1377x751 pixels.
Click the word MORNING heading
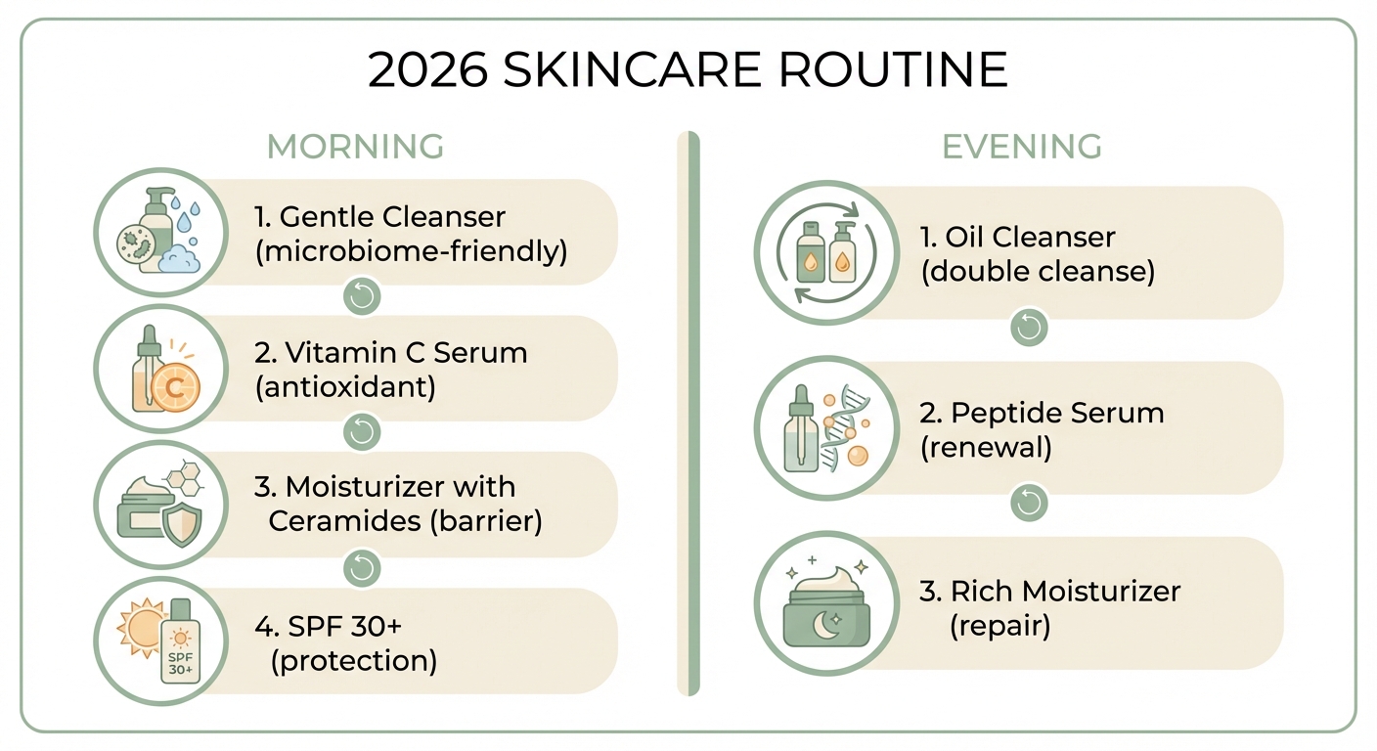[355, 147]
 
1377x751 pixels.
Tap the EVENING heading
[1022, 147]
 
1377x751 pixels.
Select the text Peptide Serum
[1042, 413]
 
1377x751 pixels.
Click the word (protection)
[353, 661]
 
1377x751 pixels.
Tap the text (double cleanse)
[1038, 271]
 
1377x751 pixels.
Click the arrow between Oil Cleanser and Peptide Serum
[1028, 329]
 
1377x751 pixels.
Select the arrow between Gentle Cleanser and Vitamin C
[363, 296]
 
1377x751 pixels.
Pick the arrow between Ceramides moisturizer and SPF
[363, 568]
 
